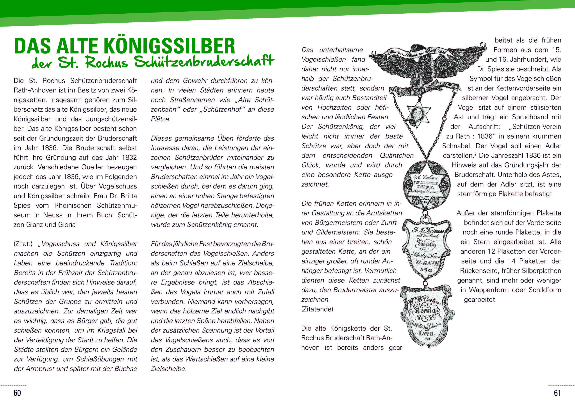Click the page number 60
17,393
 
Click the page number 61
557,393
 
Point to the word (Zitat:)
23,244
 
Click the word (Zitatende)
317,309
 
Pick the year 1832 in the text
129,157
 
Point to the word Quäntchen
396,156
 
